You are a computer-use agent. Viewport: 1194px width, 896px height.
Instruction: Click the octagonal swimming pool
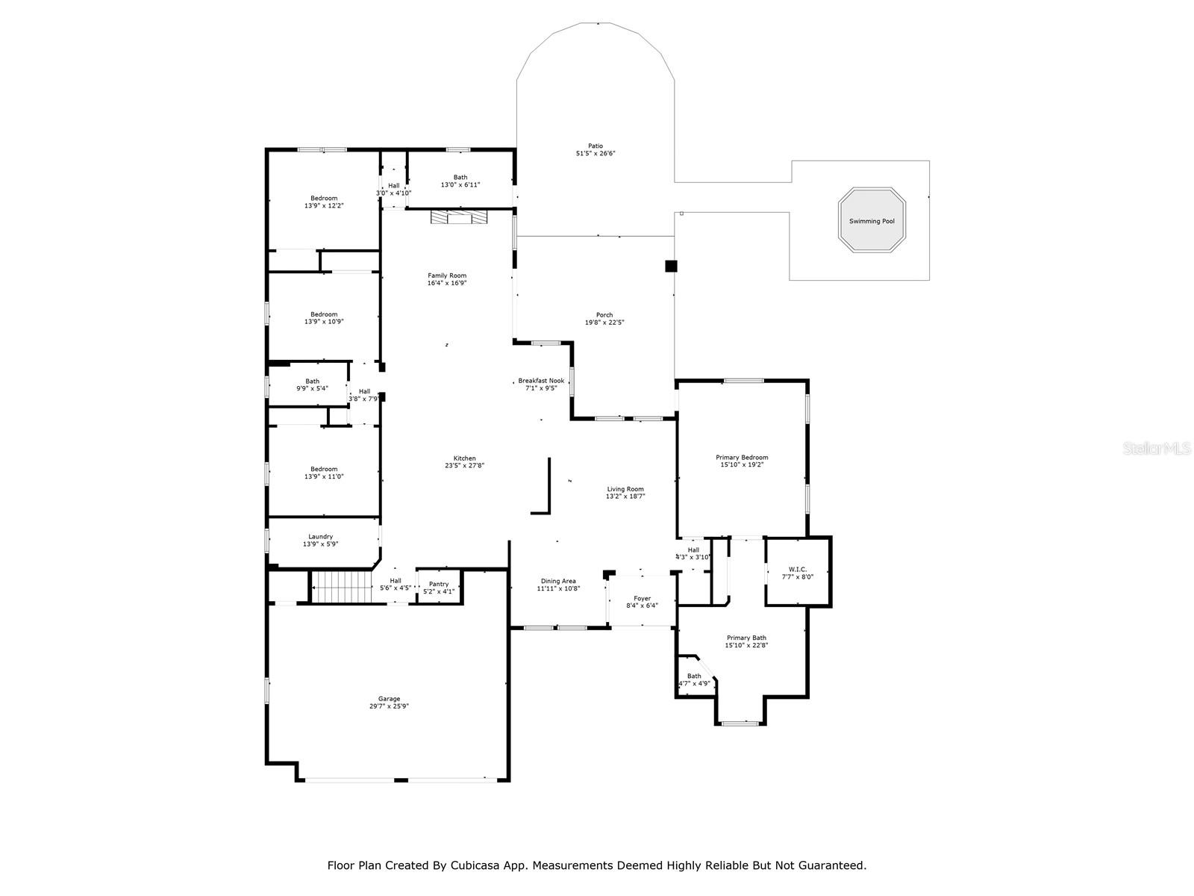[x=872, y=221]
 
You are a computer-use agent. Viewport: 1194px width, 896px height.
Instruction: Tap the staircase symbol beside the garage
[x=341, y=586]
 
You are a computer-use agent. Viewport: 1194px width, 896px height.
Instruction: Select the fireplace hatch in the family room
[x=458, y=217]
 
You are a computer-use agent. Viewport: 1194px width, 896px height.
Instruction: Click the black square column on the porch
[x=670, y=266]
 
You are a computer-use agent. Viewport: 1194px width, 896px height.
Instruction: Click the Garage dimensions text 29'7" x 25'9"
[x=389, y=706]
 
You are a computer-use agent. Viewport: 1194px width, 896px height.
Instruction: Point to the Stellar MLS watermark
[x=1157, y=448]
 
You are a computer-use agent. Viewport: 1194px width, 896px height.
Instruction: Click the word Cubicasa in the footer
[x=475, y=865]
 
